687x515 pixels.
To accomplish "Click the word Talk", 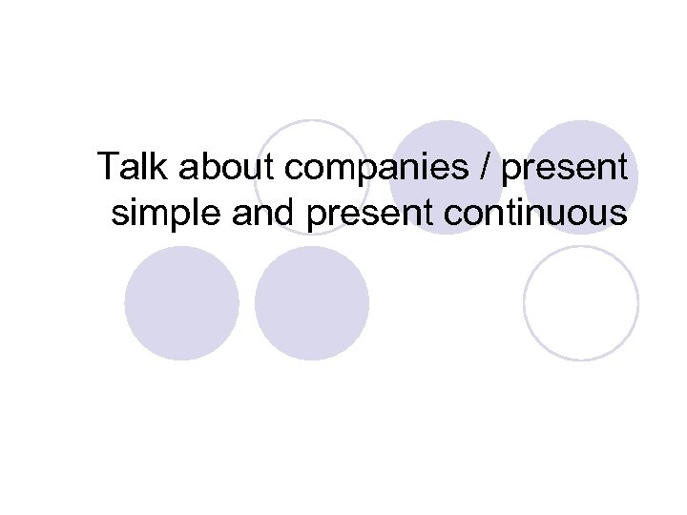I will coord(130,168).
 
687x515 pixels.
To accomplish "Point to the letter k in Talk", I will coord(156,168).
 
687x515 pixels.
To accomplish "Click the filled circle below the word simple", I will coord(181,303).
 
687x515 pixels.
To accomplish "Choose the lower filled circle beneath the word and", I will coord(312,303).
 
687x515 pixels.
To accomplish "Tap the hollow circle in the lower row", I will coord(580,303).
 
